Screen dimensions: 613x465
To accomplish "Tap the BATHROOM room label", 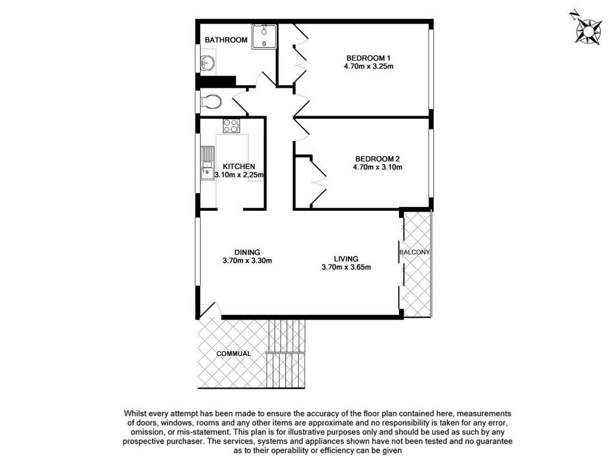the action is click(x=226, y=40).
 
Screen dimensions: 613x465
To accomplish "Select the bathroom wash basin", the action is click(x=207, y=62).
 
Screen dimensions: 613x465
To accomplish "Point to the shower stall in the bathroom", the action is click(x=264, y=36).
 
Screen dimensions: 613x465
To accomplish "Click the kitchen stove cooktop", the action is click(x=232, y=126).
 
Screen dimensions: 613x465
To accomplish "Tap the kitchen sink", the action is click(x=207, y=163).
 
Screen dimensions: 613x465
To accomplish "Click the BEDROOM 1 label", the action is click(x=368, y=58).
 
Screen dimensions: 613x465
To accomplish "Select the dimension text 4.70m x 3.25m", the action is click(x=368, y=67).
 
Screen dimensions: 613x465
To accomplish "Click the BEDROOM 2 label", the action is click(x=377, y=159).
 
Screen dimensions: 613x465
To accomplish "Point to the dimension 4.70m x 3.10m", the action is click(x=377, y=167).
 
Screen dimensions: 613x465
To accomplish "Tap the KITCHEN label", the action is click(x=239, y=167).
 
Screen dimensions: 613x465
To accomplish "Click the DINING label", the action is click(x=247, y=252).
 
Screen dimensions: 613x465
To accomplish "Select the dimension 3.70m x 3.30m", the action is click(x=247, y=261).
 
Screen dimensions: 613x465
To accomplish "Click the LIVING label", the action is click(x=346, y=259).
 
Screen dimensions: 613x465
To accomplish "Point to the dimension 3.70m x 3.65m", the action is click(x=346, y=268).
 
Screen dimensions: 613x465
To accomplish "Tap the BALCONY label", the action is click(x=414, y=252).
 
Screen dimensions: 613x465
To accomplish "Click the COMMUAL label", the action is click(x=234, y=354).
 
